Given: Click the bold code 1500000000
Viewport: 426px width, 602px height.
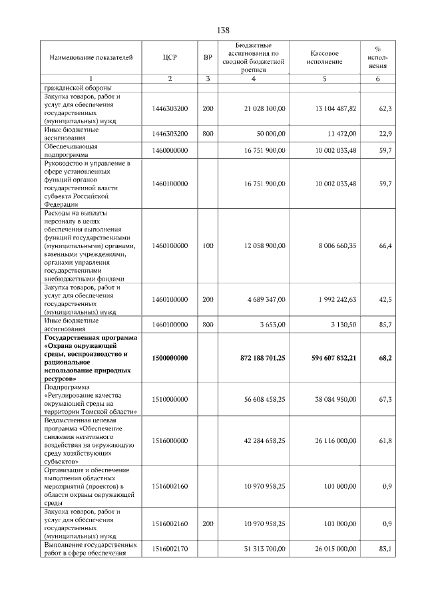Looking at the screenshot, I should pos(170,358).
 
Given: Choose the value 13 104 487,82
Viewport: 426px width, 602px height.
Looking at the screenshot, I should pos(329,108).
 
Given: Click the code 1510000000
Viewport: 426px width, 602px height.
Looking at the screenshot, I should pos(170,399).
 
